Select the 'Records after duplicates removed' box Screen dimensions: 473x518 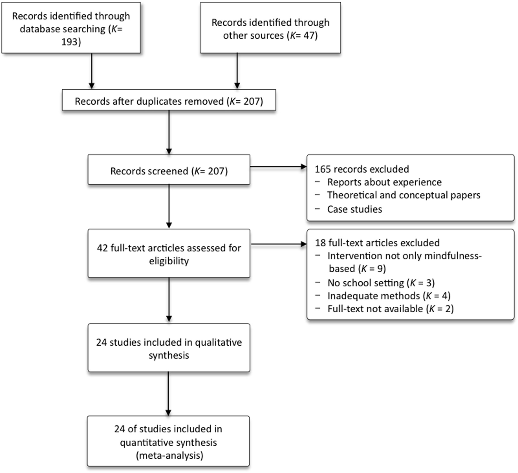click(x=169, y=101)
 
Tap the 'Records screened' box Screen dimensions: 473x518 click(x=169, y=171)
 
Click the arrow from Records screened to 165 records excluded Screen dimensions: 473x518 click(x=278, y=167)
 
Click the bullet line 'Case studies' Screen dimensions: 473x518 click(x=354, y=209)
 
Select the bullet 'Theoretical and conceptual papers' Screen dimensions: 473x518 click(x=403, y=195)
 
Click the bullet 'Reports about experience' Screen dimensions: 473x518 click(x=384, y=182)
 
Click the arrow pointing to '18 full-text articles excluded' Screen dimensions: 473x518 click(x=278, y=244)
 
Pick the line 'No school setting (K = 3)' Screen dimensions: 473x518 click(x=381, y=283)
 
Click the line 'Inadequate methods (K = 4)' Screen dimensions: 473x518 click(x=388, y=296)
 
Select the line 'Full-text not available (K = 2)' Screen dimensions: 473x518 click(x=390, y=309)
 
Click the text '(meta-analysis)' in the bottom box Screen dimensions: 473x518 click(x=169, y=455)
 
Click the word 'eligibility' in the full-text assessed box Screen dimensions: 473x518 click(x=169, y=261)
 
